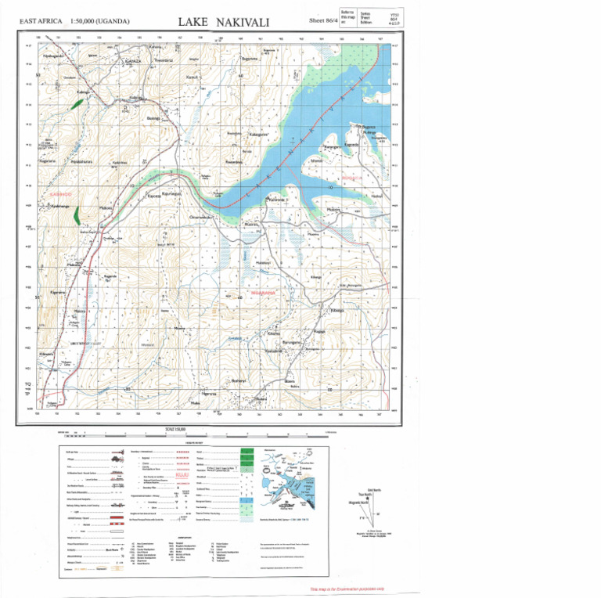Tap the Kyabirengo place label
[x=60, y=206]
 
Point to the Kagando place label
[x=110, y=276]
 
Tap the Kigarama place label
[x=58, y=292]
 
